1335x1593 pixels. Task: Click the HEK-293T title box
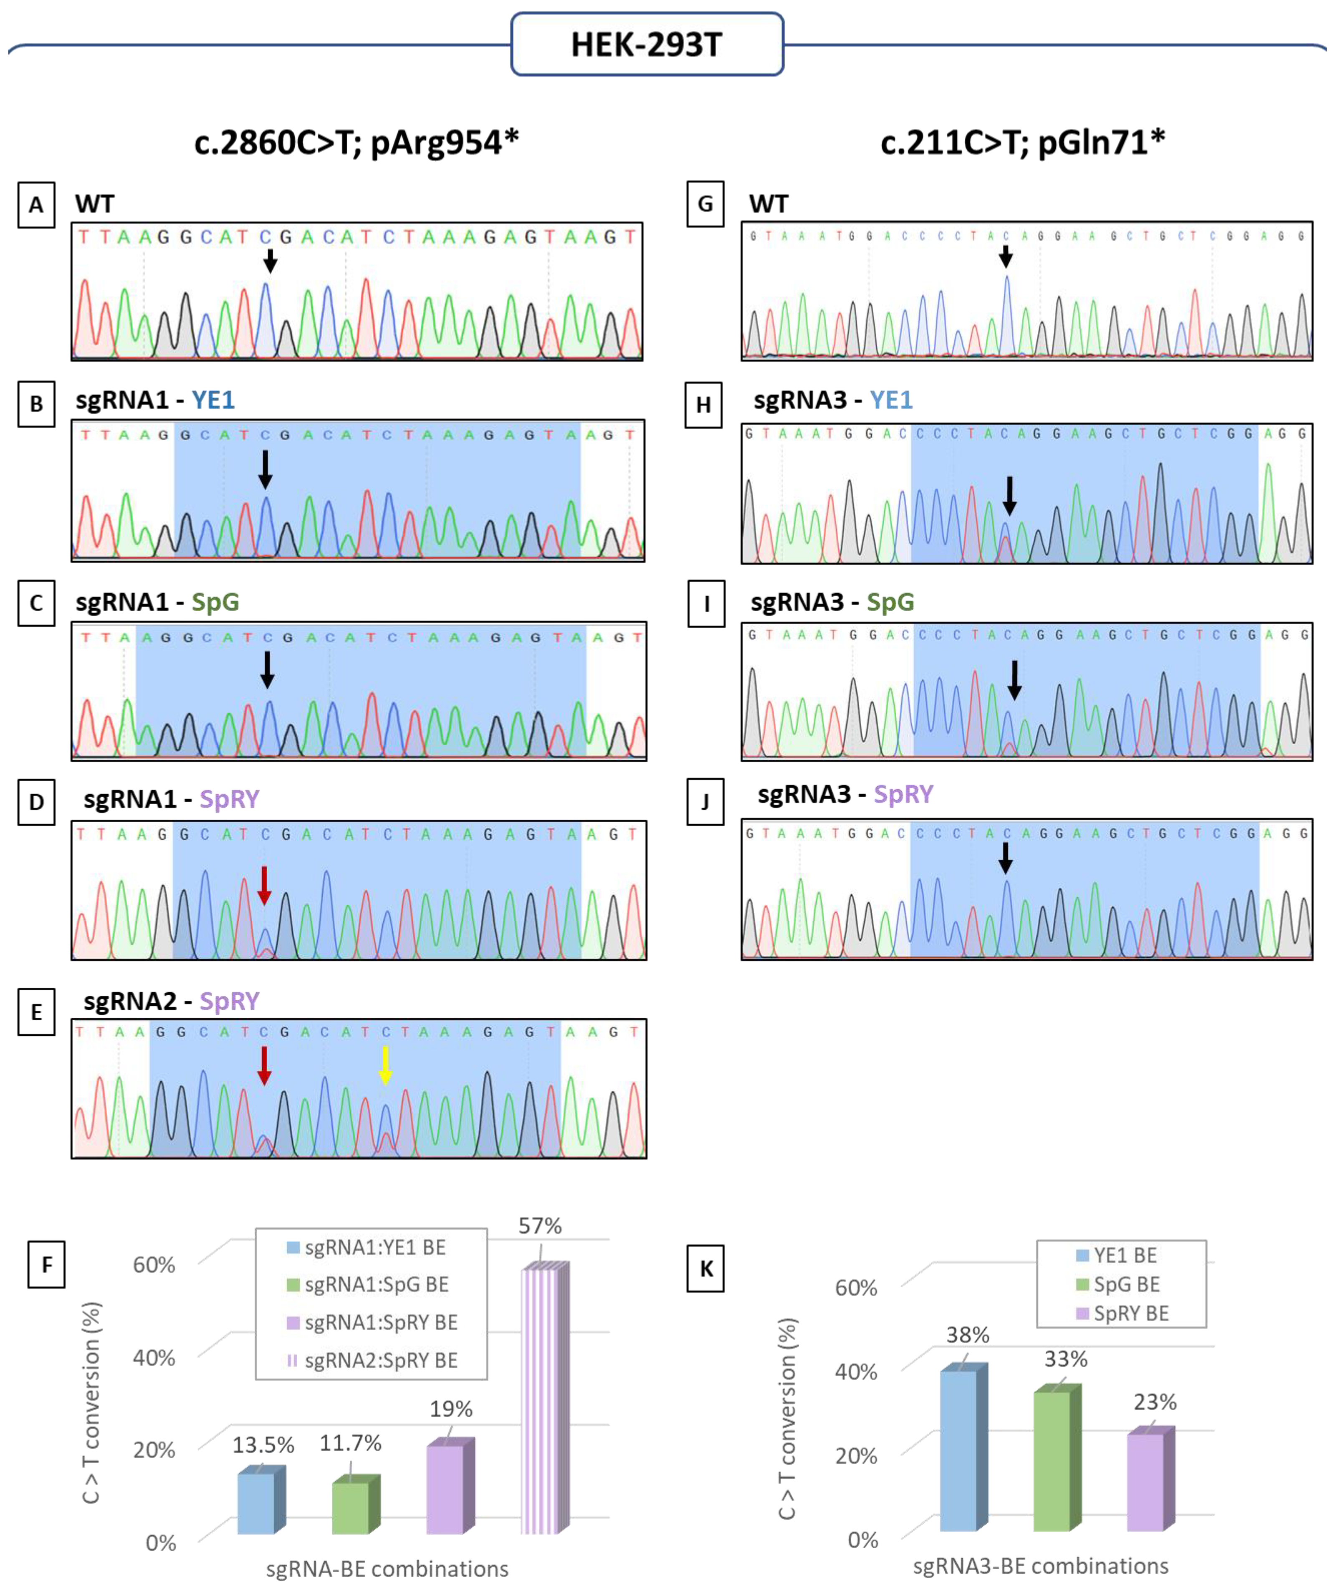coord(647,44)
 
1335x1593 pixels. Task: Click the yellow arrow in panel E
coord(386,1064)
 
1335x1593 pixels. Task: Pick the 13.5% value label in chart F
coord(263,1445)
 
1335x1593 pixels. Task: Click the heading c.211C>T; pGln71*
coord(1022,142)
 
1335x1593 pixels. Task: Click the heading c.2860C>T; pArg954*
coord(356,142)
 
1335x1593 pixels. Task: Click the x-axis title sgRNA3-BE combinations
coord(1040,1566)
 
